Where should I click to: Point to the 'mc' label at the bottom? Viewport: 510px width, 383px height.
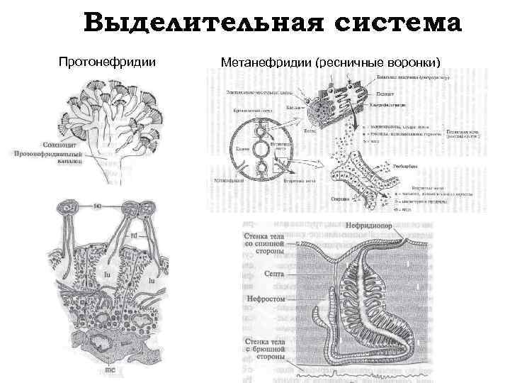(110, 369)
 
